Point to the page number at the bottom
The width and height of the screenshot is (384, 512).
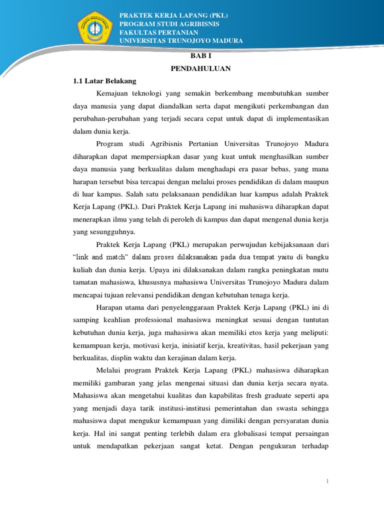coord(327,481)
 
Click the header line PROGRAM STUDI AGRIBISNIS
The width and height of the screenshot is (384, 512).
coord(169,24)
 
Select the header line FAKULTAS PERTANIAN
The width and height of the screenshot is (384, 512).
coord(159,32)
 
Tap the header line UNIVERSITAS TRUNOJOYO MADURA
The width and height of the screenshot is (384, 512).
coord(181,40)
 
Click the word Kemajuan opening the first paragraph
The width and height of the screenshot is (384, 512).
coord(112,93)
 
